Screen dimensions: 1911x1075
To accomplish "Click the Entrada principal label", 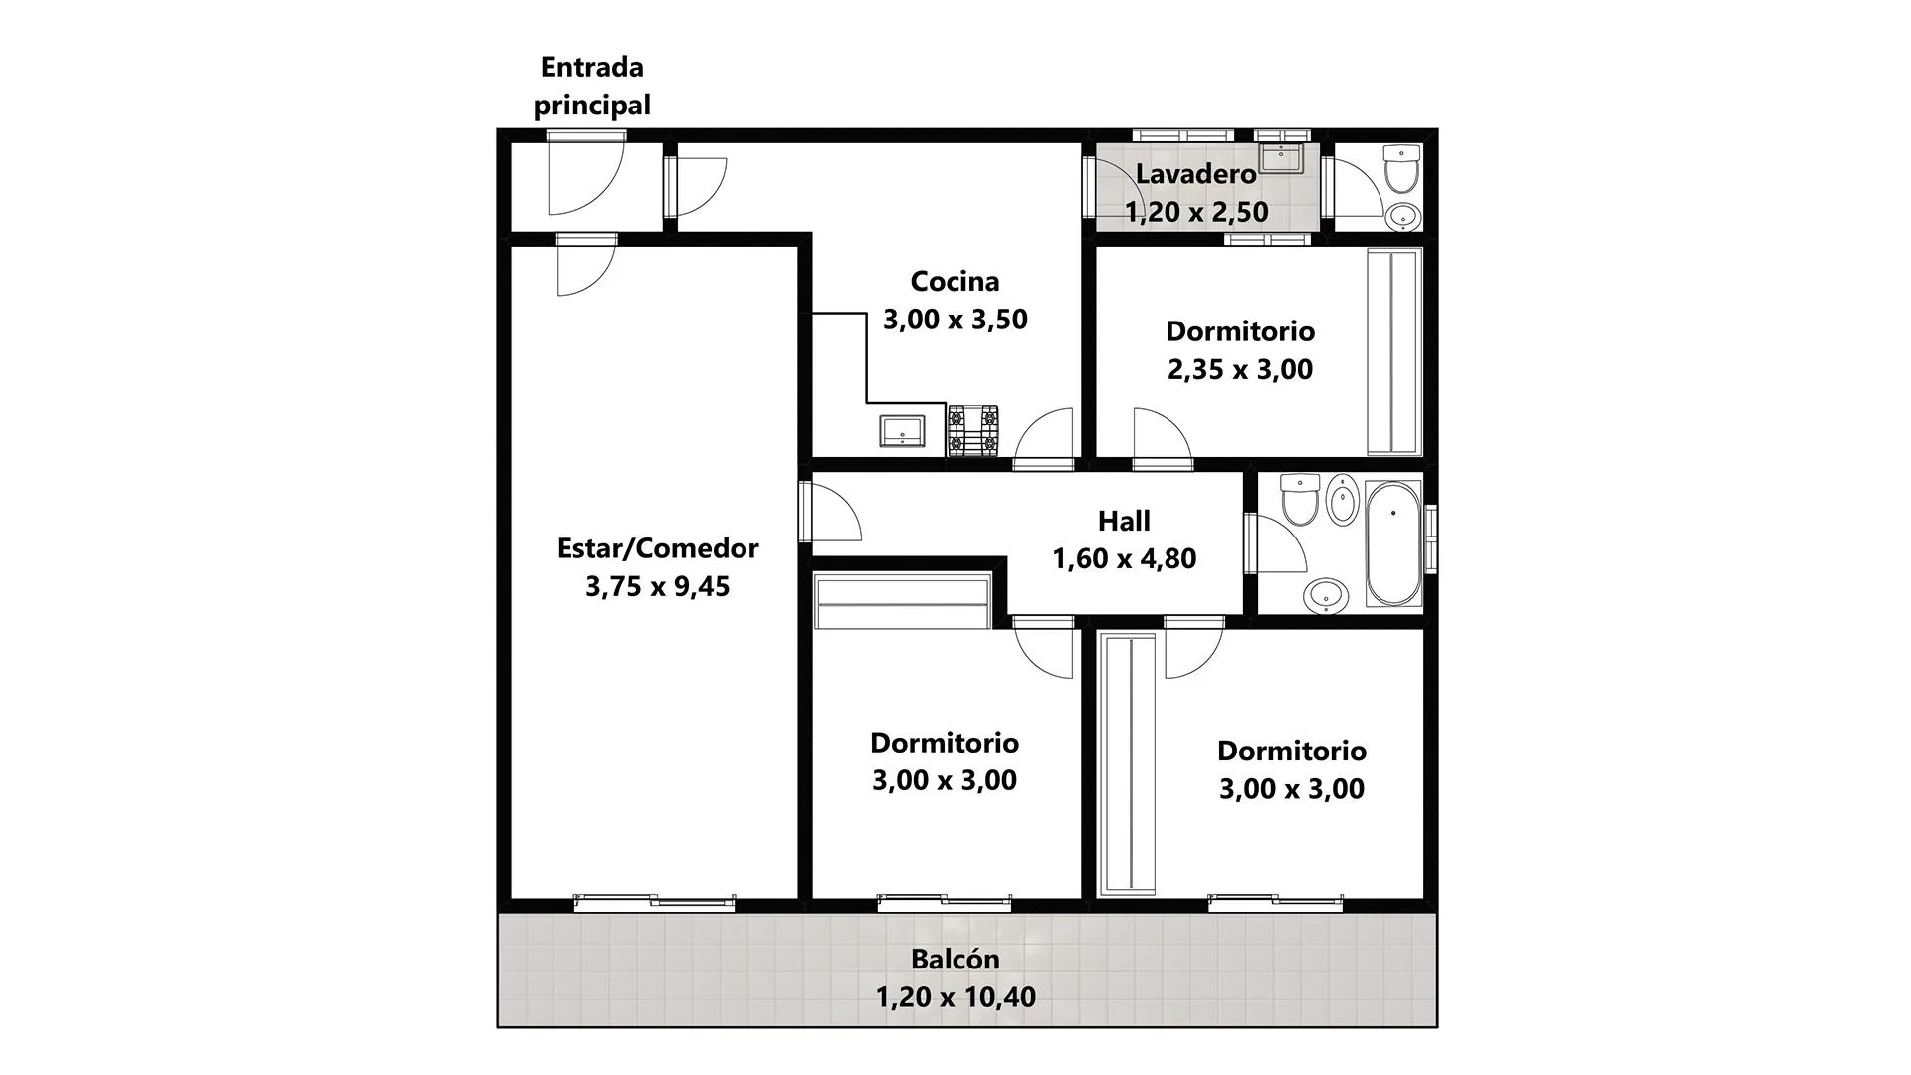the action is (x=592, y=86).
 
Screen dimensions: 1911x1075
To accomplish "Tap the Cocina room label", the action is (x=955, y=281).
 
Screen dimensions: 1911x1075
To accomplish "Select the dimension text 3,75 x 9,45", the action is (x=657, y=586).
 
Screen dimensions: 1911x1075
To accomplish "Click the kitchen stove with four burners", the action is (x=972, y=430).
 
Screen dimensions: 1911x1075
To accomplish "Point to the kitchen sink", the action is (x=903, y=431).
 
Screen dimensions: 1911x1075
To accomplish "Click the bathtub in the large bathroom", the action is (x=1393, y=543).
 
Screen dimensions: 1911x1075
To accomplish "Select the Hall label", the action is (x=1124, y=521).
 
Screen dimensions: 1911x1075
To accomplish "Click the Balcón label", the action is (x=955, y=959).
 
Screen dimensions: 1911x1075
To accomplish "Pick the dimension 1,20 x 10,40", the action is (x=955, y=996).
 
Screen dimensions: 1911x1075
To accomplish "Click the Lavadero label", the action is (x=1195, y=174).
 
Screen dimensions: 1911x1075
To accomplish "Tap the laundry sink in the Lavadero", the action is (x=1281, y=159).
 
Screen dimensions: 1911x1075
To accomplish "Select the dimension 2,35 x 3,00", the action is (x=1240, y=369).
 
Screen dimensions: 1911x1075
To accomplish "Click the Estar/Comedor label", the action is (x=657, y=548).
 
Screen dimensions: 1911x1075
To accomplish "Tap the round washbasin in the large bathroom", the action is (x=1326, y=596).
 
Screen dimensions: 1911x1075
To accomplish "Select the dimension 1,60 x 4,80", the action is (x=1125, y=558).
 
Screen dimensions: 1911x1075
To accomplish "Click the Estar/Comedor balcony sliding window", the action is (x=655, y=902).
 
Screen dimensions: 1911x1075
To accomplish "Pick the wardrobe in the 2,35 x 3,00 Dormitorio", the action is (x=1393, y=351).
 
